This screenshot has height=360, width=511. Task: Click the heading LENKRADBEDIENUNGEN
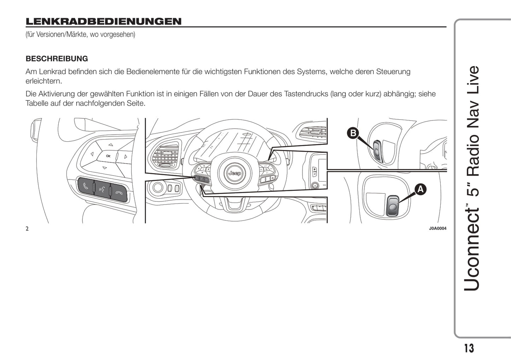tap(103, 22)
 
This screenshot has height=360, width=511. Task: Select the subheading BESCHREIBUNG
tap(57, 59)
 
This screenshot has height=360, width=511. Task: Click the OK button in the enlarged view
tap(108, 156)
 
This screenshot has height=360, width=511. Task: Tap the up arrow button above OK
tap(111, 144)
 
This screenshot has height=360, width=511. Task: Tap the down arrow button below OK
tap(104, 167)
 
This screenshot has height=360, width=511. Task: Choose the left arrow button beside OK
tap(92, 154)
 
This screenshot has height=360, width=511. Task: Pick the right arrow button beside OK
tap(126, 156)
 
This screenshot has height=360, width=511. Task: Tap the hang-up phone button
tap(119, 193)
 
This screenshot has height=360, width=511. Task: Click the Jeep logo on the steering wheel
tap(234, 173)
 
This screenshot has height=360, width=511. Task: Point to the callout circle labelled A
tap(420, 189)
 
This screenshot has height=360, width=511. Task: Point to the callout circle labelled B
tap(353, 133)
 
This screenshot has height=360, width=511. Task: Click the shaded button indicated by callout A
tap(392, 206)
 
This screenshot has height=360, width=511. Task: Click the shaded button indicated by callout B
tap(377, 151)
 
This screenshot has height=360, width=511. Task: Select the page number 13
tap(469, 348)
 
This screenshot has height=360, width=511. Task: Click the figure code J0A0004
tap(437, 229)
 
